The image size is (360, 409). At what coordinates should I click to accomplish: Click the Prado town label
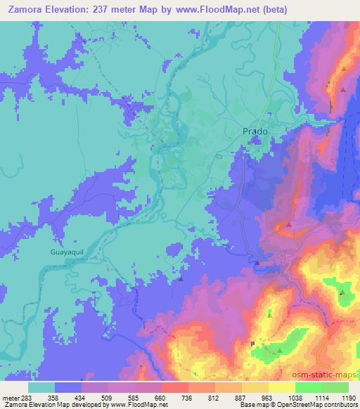[x=255, y=131]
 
